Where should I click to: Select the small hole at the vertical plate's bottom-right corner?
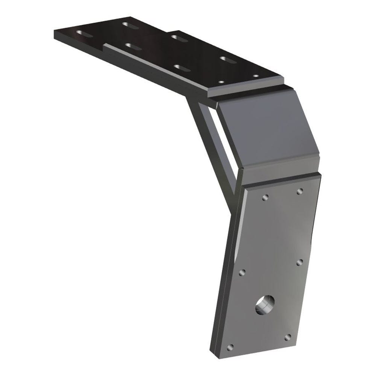pyautogui.click(x=288, y=337)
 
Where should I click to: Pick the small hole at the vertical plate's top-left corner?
pyautogui.click(x=265, y=197)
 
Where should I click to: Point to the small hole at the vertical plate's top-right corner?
pyautogui.click(x=300, y=191)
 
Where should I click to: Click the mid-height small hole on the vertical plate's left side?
pyautogui.click(x=242, y=272)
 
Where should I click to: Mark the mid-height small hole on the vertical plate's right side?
pyautogui.click(x=300, y=262)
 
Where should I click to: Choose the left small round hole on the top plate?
pyautogui.click(x=221, y=81)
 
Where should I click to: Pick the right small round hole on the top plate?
pyautogui.click(x=256, y=76)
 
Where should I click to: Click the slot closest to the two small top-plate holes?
pyautogui.click(x=227, y=59)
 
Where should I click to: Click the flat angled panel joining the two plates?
pyautogui.click(x=267, y=132)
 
